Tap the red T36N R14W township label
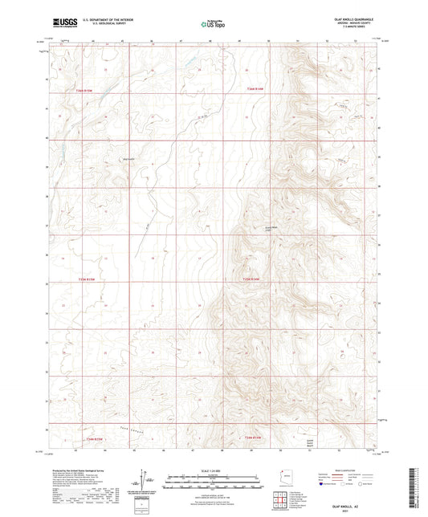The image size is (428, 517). (x=255, y=89)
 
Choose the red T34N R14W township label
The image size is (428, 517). (x=252, y=438)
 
